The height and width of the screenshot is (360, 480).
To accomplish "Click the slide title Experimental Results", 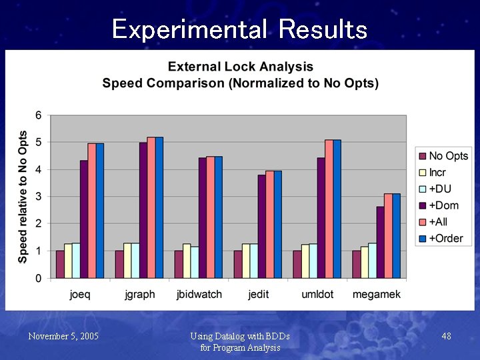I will pyautogui.click(x=239, y=29).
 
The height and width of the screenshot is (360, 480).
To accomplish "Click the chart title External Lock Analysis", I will pyautogui.click(x=240, y=67).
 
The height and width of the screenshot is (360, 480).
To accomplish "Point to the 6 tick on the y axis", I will pyautogui.click(x=39, y=115).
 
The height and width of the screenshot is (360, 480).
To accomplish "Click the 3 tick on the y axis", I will pyautogui.click(x=39, y=197).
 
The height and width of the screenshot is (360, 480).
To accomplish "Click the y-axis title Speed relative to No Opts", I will pyautogui.click(x=23, y=197).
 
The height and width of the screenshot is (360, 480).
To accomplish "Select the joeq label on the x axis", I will pyautogui.click(x=81, y=294).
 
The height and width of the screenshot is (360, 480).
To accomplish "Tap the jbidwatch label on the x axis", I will pyautogui.click(x=199, y=294).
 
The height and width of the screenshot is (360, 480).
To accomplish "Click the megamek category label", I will pyautogui.click(x=377, y=294).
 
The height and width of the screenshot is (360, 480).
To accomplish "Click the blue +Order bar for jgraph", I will pyautogui.click(x=159, y=207).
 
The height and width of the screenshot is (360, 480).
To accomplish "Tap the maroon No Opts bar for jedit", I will pyautogui.click(x=238, y=264).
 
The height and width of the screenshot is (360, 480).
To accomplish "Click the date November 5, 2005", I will pyautogui.click(x=63, y=337).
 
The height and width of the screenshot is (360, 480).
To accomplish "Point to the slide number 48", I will pyautogui.click(x=447, y=337).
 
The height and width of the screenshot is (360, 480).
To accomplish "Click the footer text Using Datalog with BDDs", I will pyautogui.click(x=240, y=337).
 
